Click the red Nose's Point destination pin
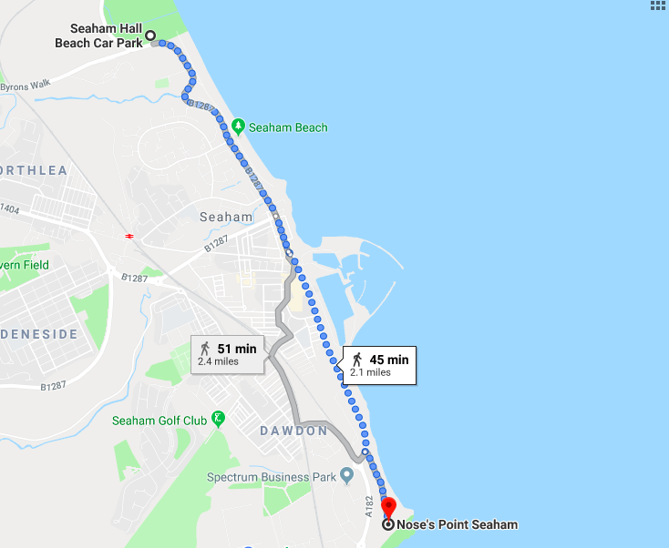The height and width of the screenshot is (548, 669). click(388, 508)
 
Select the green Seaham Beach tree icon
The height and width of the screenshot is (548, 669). click(238, 127)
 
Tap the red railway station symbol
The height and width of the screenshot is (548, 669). click(130, 236)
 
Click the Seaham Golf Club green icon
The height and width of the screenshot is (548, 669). click(218, 420)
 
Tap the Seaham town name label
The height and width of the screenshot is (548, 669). click(226, 217)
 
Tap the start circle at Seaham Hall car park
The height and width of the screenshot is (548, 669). click(150, 36)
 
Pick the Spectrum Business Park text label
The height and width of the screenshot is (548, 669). click(271, 477)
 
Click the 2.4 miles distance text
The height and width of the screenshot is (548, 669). click(218, 361)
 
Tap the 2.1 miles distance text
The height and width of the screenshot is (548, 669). click(370, 372)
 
